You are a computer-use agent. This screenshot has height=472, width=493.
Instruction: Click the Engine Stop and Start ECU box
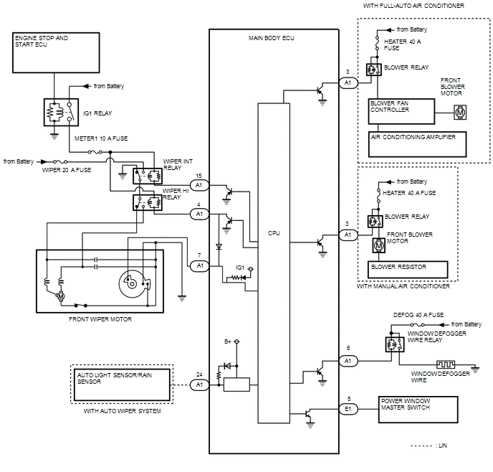pyautogui.click(x=56, y=52)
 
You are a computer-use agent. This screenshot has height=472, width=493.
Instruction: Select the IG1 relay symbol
pyautogui.click(x=61, y=113)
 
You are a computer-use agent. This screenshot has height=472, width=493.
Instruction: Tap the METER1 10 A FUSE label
pyautogui.click(x=101, y=138)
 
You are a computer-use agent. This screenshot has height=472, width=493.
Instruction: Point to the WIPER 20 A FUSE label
pyautogui.click(x=67, y=170)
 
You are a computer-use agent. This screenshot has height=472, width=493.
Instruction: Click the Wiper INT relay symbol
pyautogui.click(x=148, y=176)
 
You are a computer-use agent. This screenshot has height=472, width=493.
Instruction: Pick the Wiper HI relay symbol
pyautogui.click(x=148, y=202)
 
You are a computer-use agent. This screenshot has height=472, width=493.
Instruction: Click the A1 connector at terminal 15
pyautogui.click(x=199, y=185)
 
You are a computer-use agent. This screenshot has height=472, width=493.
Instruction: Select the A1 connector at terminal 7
pyautogui.click(x=199, y=266)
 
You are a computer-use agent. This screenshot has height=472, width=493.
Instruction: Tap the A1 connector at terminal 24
pyautogui.click(x=199, y=384)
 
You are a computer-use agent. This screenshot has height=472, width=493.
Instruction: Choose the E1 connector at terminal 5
pyautogui.click(x=348, y=409)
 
